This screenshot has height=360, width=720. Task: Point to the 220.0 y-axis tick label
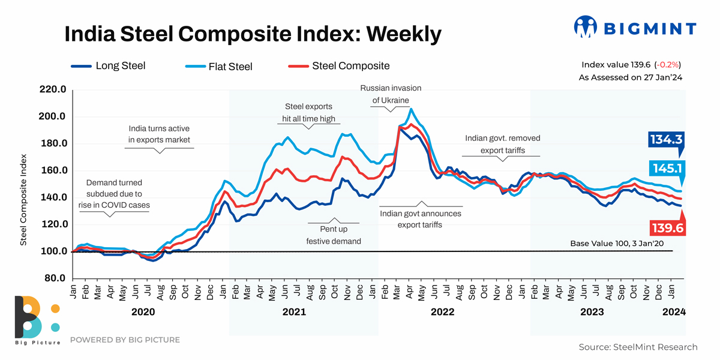coord(53,90)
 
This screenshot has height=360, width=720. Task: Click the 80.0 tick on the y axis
coord(55,278)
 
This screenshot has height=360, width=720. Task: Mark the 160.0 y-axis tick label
coord(53,170)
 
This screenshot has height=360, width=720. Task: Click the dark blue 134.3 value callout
coord(667,140)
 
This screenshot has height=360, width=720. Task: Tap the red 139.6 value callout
coord(667,228)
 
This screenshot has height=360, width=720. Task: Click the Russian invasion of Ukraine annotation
coord(391,94)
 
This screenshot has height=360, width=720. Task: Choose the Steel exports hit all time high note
coord(308,112)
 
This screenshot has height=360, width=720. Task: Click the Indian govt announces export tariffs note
coord(421,219)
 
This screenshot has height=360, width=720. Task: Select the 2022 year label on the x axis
coord(442,312)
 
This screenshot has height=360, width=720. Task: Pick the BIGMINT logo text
coord(649,28)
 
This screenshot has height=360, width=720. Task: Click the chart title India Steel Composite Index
coord(253,34)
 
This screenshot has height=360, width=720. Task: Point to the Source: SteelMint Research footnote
coord(638,347)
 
